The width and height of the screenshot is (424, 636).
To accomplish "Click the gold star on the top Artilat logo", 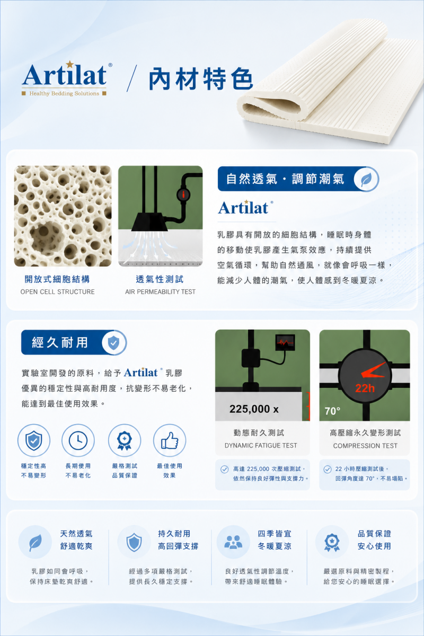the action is (x=69, y=64).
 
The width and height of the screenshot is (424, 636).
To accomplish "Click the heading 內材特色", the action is (x=201, y=79).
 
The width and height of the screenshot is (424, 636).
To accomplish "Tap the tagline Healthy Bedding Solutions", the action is (x=64, y=93).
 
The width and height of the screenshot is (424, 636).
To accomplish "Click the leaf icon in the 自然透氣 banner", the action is (x=366, y=179).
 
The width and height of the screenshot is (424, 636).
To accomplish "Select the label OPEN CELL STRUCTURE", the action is (x=57, y=291).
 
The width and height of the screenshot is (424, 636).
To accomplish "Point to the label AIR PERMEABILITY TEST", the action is (x=160, y=291).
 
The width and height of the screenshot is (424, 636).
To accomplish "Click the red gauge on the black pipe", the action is (x=183, y=195).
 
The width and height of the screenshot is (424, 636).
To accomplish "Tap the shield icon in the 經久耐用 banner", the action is (x=113, y=342).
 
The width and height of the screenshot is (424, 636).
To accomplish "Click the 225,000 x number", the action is (x=254, y=409).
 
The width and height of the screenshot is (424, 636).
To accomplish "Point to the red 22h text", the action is (x=365, y=388).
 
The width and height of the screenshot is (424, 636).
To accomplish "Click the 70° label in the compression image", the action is (x=332, y=411).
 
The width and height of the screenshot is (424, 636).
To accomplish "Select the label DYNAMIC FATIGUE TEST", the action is (x=261, y=446).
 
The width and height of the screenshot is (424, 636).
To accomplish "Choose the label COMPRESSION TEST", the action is (x=365, y=446).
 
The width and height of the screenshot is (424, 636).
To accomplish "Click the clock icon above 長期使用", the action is (x=78, y=440).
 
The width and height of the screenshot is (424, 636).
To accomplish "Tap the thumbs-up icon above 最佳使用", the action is (x=170, y=440).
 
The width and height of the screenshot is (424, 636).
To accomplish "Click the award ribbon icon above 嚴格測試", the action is (x=125, y=440).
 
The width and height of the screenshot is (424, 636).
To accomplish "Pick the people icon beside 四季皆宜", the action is (x=233, y=542).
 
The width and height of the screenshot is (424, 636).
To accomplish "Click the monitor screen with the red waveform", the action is (x=285, y=342).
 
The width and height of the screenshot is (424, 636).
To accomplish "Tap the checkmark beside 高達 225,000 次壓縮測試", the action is (x=224, y=469).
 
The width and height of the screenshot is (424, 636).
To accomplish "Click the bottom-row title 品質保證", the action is (x=374, y=534).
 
